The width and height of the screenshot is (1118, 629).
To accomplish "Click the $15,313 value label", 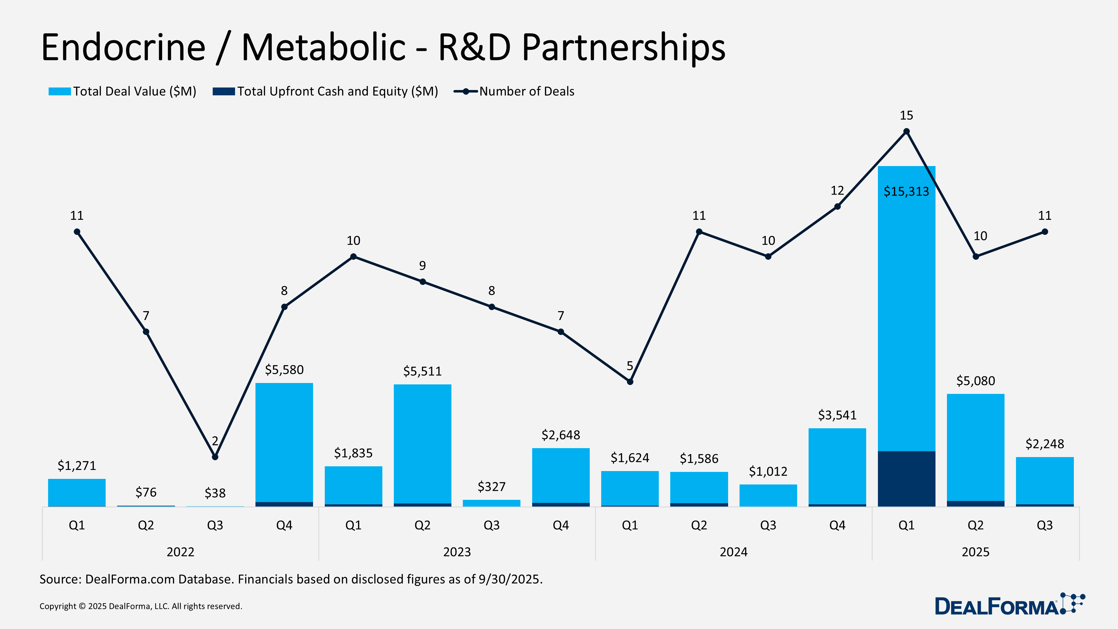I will click(x=906, y=191).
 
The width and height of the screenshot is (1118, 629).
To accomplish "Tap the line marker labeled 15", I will click(x=906, y=131).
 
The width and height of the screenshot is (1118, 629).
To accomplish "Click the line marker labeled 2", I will click(x=215, y=457).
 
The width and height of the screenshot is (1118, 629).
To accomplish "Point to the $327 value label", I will click(x=491, y=487).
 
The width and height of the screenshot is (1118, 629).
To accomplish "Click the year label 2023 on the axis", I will click(x=457, y=552).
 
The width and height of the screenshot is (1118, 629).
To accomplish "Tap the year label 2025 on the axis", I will click(x=975, y=552).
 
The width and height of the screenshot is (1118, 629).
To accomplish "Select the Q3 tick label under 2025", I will click(x=1044, y=525).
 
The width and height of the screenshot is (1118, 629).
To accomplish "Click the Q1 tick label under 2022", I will click(x=77, y=525).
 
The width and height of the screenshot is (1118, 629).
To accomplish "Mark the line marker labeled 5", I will click(x=630, y=382).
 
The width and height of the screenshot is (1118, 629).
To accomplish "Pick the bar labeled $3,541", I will click(x=837, y=466).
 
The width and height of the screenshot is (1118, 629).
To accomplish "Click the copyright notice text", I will click(x=141, y=606).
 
